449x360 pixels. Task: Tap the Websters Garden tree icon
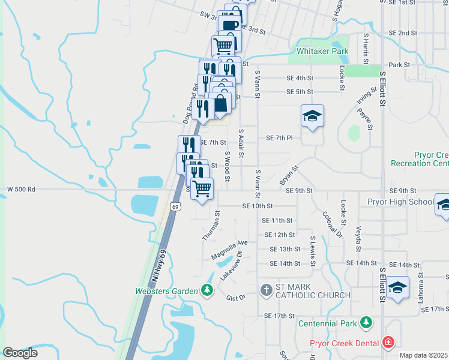(207, 291)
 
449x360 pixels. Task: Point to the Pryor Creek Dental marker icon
(389, 343)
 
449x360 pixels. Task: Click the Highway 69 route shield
(175, 206)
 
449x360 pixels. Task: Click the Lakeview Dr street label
(231, 265)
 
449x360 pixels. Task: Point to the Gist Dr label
(236, 298)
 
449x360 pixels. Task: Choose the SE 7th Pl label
(279, 138)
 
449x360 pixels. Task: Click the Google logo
(20, 353)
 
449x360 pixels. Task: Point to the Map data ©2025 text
(423, 355)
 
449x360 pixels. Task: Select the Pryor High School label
(397, 202)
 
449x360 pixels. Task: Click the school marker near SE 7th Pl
(312, 117)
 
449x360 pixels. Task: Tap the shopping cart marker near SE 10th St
(202, 189)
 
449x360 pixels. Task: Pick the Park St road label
(399, 65)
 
